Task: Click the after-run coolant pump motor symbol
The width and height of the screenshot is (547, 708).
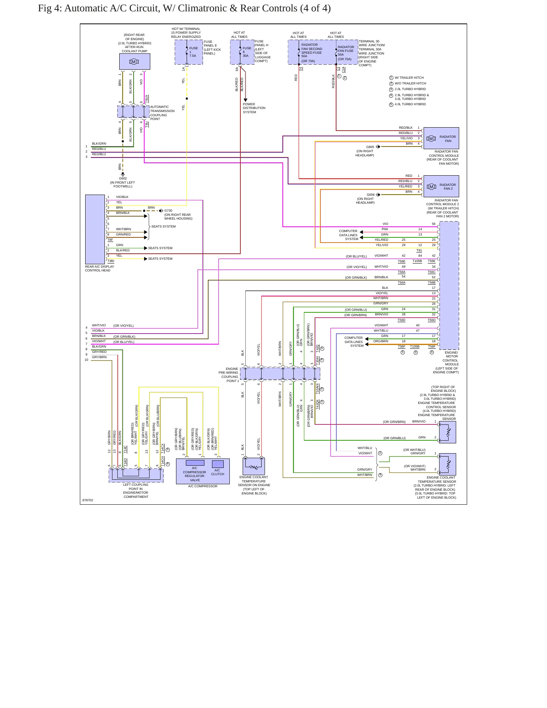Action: click(134, 62)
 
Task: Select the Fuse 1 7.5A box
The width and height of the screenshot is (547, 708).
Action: click(189, 52)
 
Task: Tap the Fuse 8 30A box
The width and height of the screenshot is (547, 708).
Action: click(242, 52)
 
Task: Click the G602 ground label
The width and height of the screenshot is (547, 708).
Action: click(123, 178)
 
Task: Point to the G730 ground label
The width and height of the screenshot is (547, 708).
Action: click(168, 211)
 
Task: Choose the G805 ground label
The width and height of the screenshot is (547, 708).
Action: click(370, 147)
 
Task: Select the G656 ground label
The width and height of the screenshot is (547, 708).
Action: click(371, 195)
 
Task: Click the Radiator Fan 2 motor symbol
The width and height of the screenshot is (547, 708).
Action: click(431, 187)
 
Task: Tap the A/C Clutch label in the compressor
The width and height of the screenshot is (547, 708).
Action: click(217, 472)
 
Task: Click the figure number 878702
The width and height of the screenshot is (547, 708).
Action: click(88, 500)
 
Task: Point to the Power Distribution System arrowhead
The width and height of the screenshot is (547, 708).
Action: click(245, 100)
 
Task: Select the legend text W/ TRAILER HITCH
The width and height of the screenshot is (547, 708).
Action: click(409, 78)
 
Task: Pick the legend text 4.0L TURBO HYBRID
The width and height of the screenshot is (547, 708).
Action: click(410, 104)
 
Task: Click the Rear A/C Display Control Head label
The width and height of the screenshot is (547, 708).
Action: click(100, 268)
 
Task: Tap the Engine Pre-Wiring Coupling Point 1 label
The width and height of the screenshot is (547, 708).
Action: click(229, 375)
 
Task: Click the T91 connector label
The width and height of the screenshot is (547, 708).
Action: click(419, 250)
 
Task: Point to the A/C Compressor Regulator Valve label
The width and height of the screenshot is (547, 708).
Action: click(195, 474)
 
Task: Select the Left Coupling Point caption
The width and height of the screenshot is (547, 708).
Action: click(136, 491)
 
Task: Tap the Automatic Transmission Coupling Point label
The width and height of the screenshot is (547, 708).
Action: click(162, 113)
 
